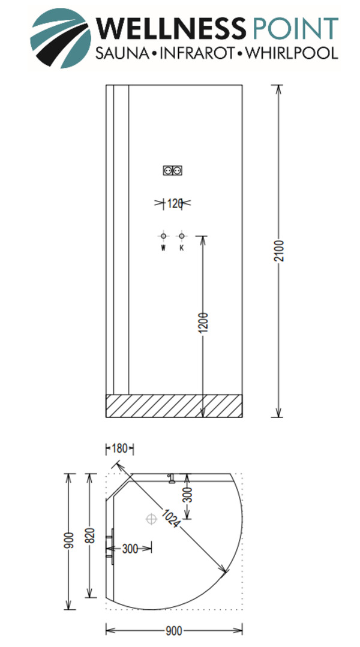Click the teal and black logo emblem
61,37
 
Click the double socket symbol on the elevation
172,171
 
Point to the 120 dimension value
173,203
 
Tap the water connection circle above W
163,236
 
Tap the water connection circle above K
181,236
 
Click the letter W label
163,248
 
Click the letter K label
181,248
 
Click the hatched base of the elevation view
174,406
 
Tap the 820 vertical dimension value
91,534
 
